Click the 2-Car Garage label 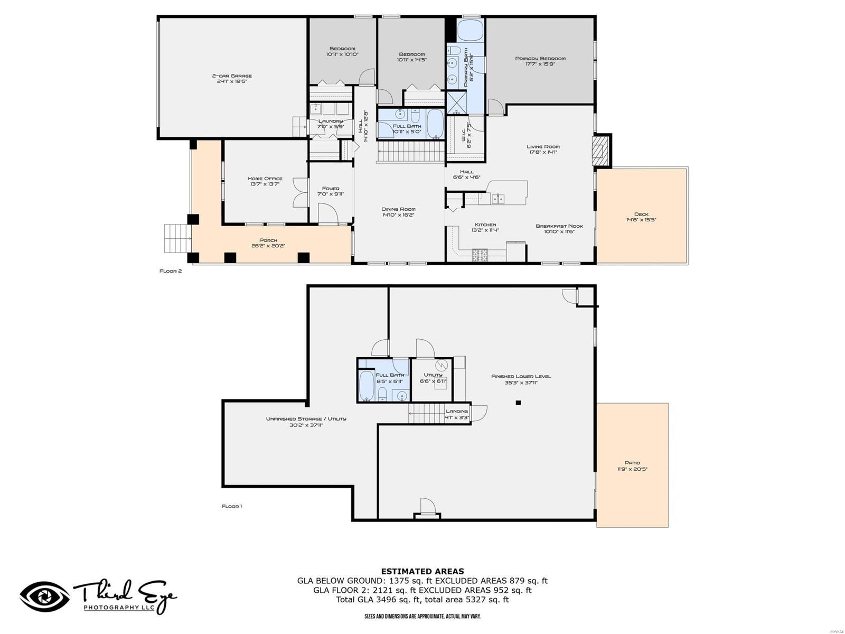[x=232, y=76]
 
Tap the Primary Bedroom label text [x=540, y=59]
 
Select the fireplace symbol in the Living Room [x=599, y=151]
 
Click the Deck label [x=641, y=214]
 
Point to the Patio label [x=632, y=463]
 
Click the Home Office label [x=265, y=179]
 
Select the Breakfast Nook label [x=559, y=226]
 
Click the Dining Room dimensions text [x=398, y=215]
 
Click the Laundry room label [x=331, y=121]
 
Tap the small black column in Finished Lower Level [x=518, y=403]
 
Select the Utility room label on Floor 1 [x=433, y=375]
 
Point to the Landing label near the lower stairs [x=456, y=411]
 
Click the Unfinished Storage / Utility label [x=306, y=419]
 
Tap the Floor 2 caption [x=171, y=271]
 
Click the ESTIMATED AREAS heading [x=422, y=571]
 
